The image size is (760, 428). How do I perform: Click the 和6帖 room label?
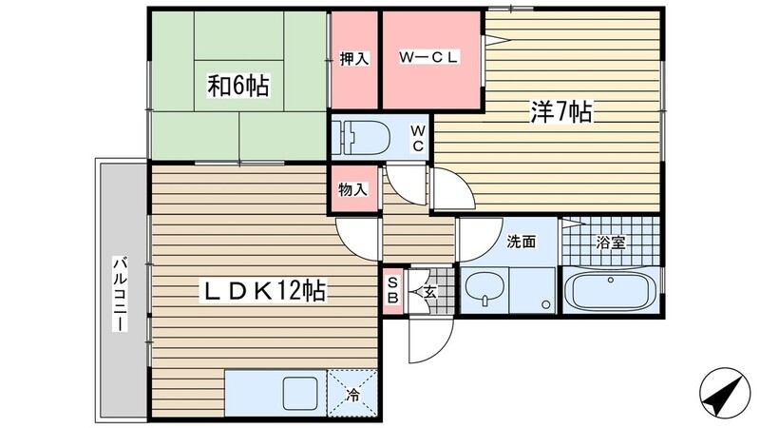(237, 88)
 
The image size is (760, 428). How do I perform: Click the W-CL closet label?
(429, 58)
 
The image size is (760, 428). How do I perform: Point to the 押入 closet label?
(354, 59)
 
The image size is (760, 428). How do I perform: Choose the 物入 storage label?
(353, 189)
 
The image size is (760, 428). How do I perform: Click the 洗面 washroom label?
(520, 243)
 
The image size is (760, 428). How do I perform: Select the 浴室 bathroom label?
(610, 243)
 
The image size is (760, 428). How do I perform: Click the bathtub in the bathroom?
(608, 290)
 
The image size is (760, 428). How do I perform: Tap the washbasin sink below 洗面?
(484, 289)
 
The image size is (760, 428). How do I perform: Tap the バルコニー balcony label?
(121, 293)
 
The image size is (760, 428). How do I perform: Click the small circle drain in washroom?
(546, 304)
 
